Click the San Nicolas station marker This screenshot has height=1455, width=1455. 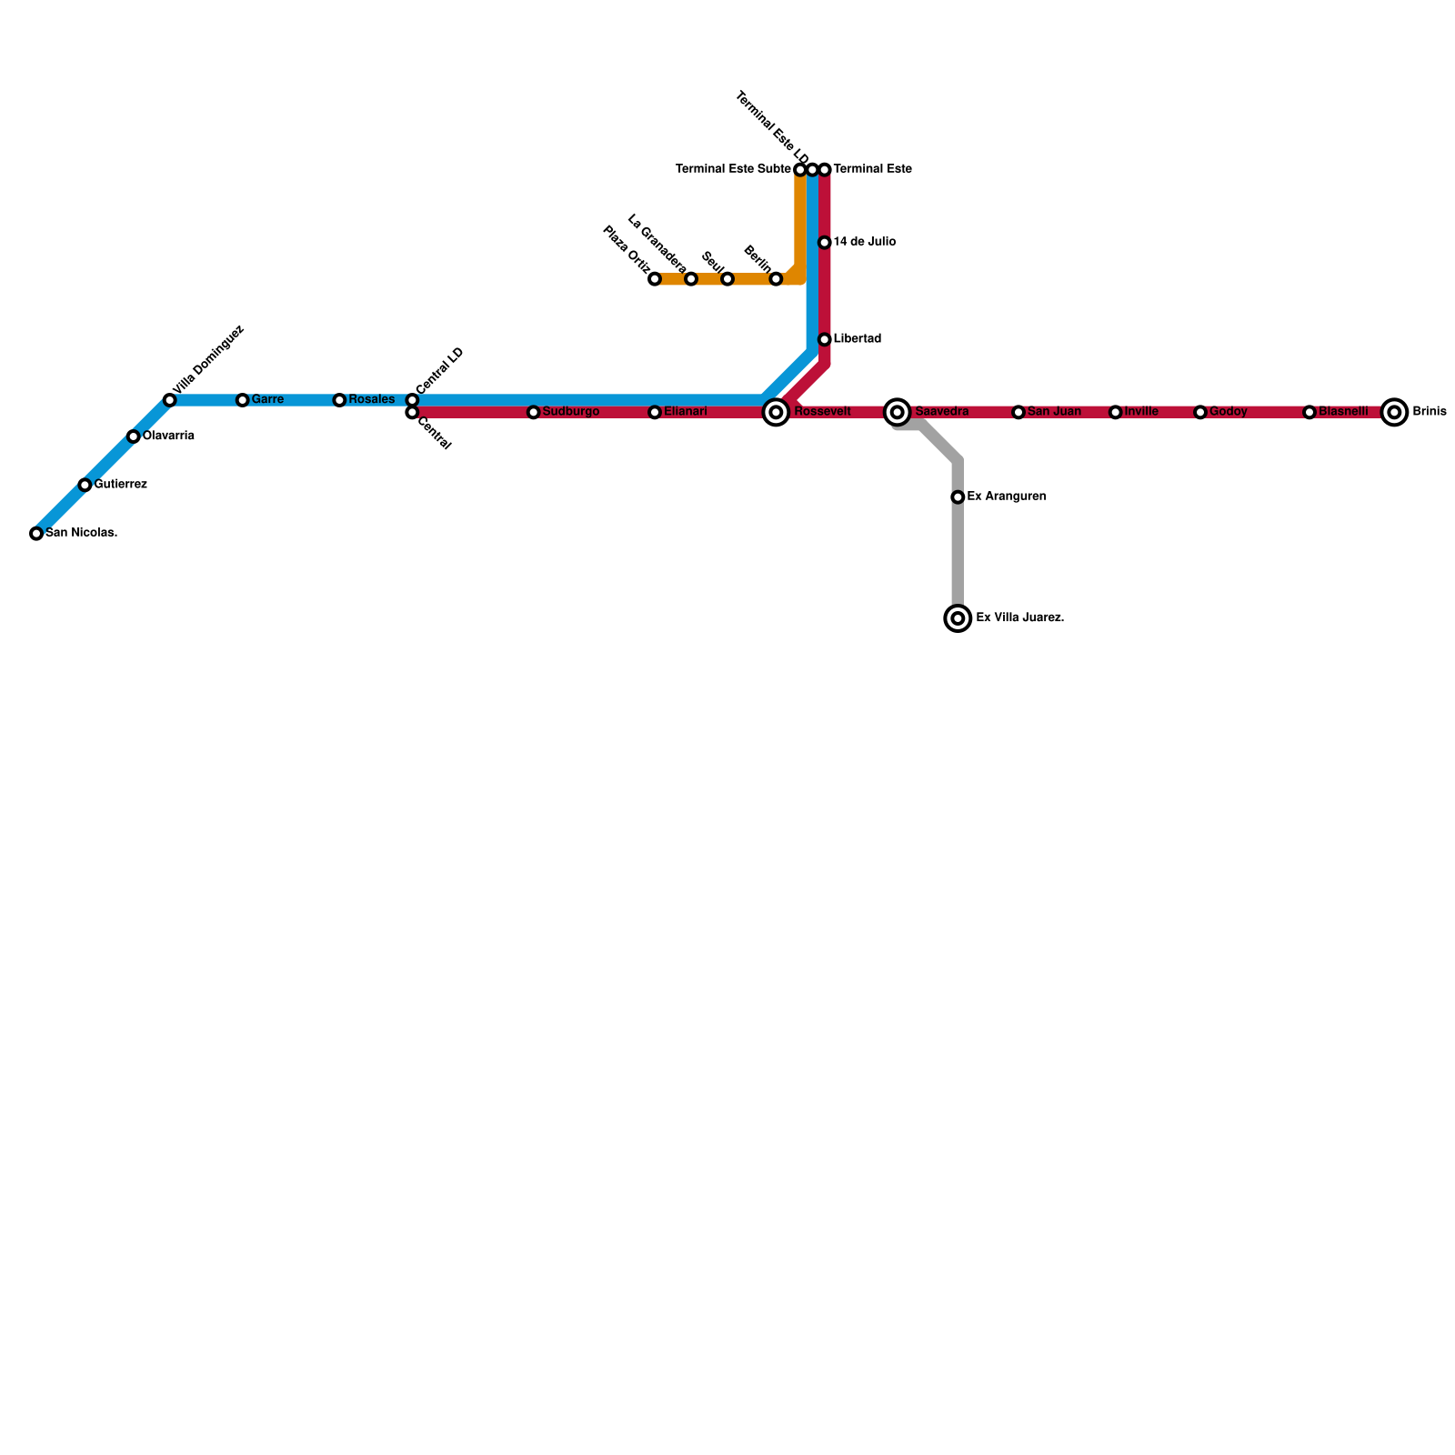pos(36,534)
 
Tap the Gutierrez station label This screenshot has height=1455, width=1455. pos(120,485)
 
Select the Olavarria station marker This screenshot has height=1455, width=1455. pos(134,436)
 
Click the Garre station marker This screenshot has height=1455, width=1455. pos(243,400)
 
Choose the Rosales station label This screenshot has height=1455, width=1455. pos(371,400)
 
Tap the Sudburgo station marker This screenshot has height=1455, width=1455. pos(534,413)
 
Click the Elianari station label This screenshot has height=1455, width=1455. pos(685,412)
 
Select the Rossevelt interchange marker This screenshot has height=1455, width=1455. pos(776,413)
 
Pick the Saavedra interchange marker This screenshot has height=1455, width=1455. pos(898,413)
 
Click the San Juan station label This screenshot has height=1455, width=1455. pos(1054,412)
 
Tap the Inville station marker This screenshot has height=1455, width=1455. pos(1116,413)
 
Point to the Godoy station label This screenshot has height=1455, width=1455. pos(1229,412)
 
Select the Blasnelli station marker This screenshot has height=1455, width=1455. pos(1309,413)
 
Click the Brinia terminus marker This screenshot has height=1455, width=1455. pos(1394,413)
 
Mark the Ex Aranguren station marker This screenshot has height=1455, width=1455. pos(958,497)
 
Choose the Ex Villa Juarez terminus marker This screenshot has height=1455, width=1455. pos(958,618)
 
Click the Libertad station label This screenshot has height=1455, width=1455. pos(857,339)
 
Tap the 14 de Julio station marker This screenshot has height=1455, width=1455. pos(825,243)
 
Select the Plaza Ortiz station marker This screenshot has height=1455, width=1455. pos(655,279)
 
